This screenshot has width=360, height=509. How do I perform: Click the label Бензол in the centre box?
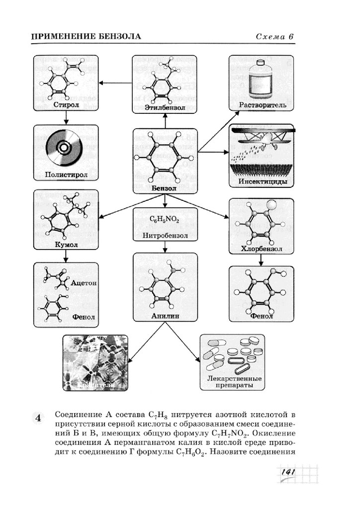coord(164,188)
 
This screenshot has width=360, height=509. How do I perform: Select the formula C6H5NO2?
coord(164,220)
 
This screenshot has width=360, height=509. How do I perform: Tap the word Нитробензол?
coord(165,235)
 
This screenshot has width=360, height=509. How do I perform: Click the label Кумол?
coord(66,245)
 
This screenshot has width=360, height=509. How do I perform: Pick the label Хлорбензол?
coord(262,249)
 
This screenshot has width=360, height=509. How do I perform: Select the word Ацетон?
coord(83,283)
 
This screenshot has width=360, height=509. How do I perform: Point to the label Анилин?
coord(165,316)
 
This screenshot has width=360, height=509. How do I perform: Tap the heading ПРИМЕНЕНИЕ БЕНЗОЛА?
coord(86,37)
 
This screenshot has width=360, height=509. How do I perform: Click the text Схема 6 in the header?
coord(275,37)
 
